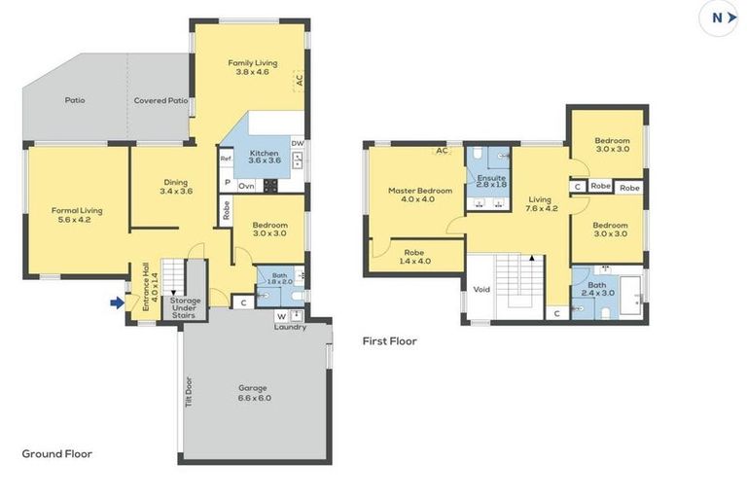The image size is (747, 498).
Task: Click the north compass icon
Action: (x=722, y=18)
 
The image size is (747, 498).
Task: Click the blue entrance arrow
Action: (x=117, y=302)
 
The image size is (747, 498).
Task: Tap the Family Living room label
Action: (x=248, y=67)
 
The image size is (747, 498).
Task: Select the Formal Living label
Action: (x=77, y=214)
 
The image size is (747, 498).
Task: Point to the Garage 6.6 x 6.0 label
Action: (x=255, y=392)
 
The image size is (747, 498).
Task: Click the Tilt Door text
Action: (x=189, y=392)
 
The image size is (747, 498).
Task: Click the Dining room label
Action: (x=175, y=187)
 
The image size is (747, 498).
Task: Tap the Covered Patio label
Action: (x=160, y=100)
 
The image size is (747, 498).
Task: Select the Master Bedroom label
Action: (x=419, y=195)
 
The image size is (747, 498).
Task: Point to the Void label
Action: (x=480, y=289)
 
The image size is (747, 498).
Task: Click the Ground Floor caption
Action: (x=56, y=453)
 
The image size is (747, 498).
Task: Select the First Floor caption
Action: (x=390, y=341)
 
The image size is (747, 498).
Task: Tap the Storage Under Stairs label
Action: (x=184, y=308)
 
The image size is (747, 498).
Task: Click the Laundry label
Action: (x=289, y=327)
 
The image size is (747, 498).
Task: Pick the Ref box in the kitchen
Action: (x=226, y=159)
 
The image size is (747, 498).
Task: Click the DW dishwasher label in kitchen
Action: (x=298, y=143)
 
